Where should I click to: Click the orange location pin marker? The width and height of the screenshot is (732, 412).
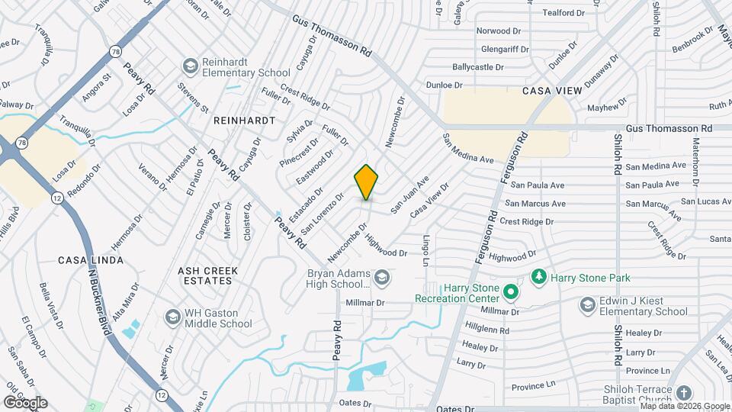click(x=366, y=182)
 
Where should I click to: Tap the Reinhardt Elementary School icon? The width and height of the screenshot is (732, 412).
click(x=189, y=66)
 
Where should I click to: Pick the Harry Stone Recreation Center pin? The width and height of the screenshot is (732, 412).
click(x=511, y=292)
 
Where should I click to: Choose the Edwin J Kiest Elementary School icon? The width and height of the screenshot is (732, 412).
click(x=587, y=305)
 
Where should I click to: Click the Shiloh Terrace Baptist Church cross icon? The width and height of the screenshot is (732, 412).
click(x=684, y=394)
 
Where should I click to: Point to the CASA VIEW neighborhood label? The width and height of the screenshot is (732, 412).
click(x=552, y=91)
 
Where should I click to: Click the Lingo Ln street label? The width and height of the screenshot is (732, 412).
click(x=425, y=250)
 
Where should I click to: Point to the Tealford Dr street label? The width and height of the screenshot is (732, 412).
click(x=563, y=12)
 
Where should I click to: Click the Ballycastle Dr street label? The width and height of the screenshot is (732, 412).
click(x=479, y=67)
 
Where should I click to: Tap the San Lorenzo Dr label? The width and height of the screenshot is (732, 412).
click(x=318, y=216)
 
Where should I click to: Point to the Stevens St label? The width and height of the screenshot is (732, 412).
click(x=194, y=99)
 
